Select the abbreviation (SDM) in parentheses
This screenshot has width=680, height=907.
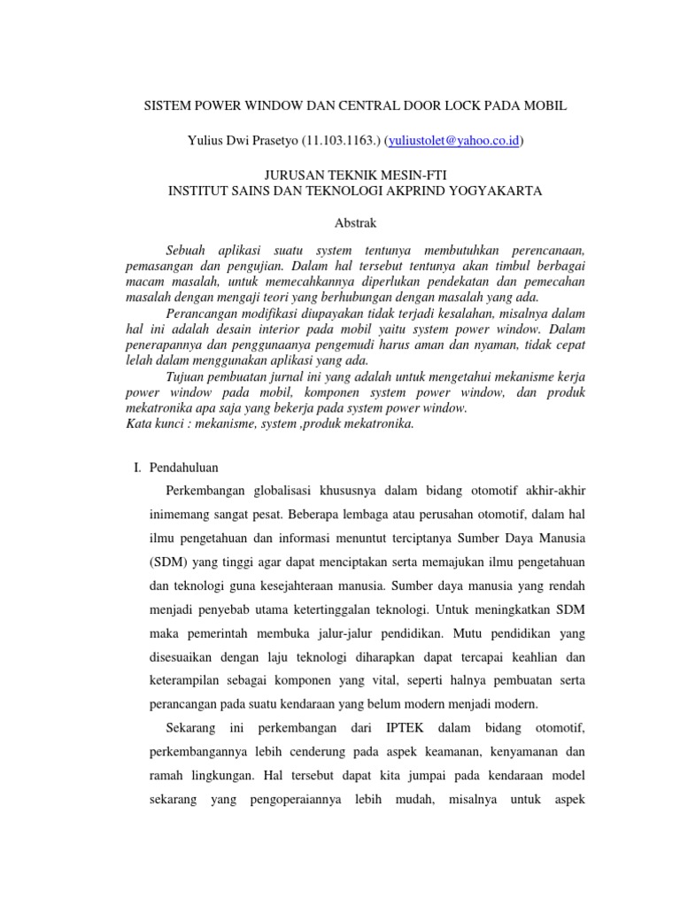167,563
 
